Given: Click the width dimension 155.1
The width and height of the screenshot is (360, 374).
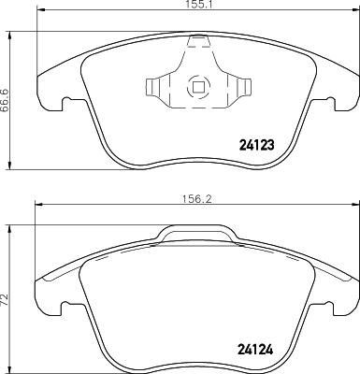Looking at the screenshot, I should point(194,6).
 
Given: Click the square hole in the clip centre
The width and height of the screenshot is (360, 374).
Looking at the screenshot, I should point(198,88).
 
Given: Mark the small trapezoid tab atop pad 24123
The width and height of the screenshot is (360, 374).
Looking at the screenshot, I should point(198,41).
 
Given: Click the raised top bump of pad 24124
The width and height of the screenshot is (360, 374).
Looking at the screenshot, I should point(196,231).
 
